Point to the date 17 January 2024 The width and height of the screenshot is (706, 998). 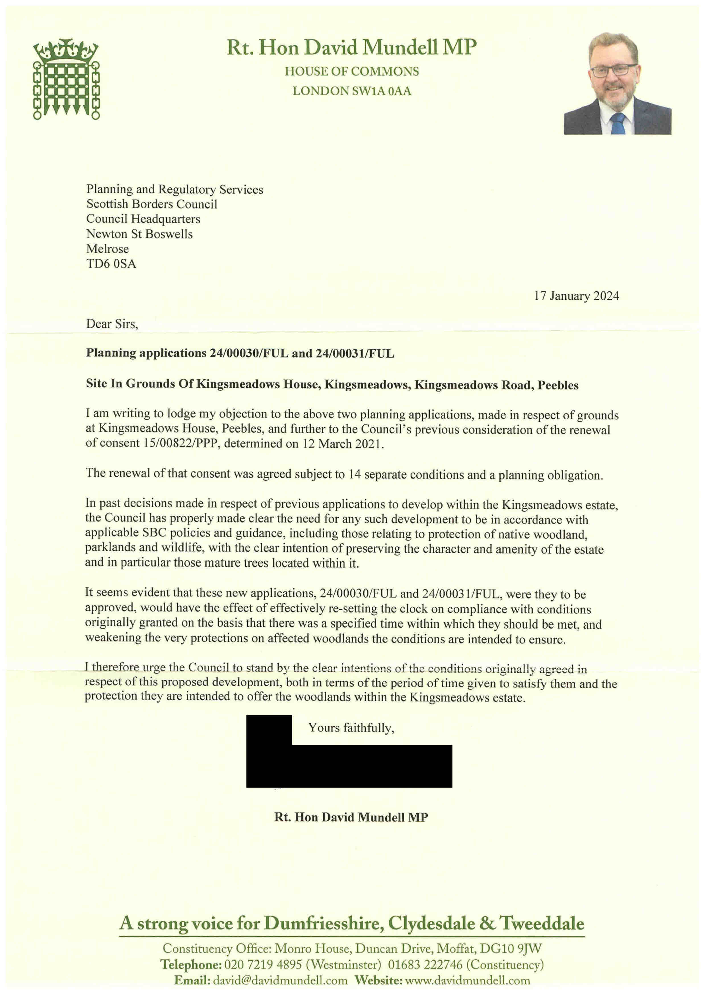point(576,296)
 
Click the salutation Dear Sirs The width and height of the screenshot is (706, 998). point(112,324)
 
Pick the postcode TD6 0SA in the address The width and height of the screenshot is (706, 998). point(111,264)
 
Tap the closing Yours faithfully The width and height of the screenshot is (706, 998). point(351,728)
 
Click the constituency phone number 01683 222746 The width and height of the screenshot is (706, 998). point(425,964)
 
